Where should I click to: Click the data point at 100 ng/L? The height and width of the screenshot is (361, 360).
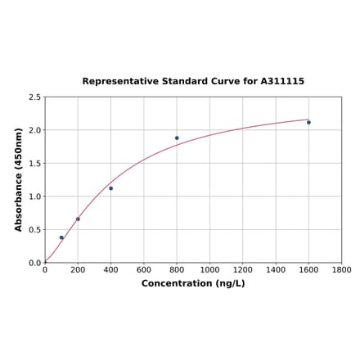(61, 237)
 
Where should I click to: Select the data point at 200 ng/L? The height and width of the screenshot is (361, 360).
(78, 219)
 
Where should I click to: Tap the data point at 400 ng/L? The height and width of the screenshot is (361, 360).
(111, 188)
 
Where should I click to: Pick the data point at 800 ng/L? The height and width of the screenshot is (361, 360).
(177, 138)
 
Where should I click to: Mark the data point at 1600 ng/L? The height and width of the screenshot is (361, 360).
(308, 122)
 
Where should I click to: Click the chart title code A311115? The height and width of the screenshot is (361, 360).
(282, 82)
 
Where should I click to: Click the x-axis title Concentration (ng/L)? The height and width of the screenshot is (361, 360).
(193, 283)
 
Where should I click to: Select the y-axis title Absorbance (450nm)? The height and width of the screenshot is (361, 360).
(19, 179)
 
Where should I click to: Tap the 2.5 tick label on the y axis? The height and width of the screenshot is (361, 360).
(34, 97)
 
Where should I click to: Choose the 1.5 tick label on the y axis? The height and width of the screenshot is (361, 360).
(34, 164)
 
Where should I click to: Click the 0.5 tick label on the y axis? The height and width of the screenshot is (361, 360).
(34, 230)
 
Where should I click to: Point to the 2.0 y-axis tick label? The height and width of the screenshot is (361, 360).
(34, 130)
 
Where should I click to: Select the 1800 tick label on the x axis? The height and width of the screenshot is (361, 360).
(341, 269)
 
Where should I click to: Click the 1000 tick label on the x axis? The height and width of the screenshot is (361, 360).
(209, 269)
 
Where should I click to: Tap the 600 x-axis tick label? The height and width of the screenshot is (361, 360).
(144, 269)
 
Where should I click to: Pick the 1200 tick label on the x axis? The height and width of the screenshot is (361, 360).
(242, 269)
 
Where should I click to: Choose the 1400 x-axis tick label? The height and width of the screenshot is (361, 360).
(276, 269)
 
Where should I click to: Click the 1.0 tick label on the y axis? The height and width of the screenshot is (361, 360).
(34, 196)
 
